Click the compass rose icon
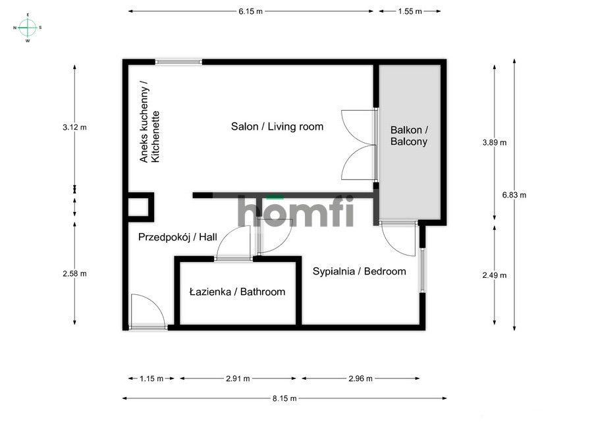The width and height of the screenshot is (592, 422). pos(27,27)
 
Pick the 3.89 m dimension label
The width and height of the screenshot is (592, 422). pos(495,142)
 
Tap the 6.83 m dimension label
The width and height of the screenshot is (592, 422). pos(514,195)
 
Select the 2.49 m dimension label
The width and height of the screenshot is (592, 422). pos(495,276)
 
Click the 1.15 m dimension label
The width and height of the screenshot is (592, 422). pos(151,379)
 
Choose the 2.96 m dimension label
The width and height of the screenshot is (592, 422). pos(360,379)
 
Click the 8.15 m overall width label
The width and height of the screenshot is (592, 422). pos(284,398)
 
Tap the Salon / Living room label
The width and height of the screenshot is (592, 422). pos(277,126)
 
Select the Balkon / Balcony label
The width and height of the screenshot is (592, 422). pos(409,136)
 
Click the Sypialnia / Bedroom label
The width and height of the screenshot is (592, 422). pos(359,271)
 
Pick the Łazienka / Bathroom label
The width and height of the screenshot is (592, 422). pos(237,292)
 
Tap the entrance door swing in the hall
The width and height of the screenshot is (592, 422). pos(146,309)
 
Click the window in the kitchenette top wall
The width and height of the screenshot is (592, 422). pos(178,62)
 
